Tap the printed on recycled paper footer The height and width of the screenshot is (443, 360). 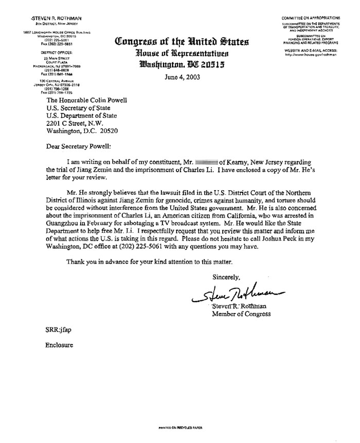pyautogui.click(x=179, y=427)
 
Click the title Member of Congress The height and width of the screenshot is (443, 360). pyautogui.click(x=242, y=314)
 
